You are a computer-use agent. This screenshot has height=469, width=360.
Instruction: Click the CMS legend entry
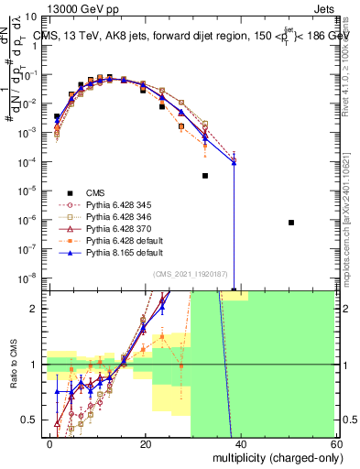click(x=94, y=191)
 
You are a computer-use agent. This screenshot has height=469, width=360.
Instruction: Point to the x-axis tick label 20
click(x=146, y=442)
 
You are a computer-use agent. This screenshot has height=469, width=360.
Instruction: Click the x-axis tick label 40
click(x=241, y=442)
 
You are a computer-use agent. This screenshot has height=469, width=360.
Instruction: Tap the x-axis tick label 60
click(x=335, y=442)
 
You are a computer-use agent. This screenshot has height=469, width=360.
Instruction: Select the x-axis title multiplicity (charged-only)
click(x=272, y=457)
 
